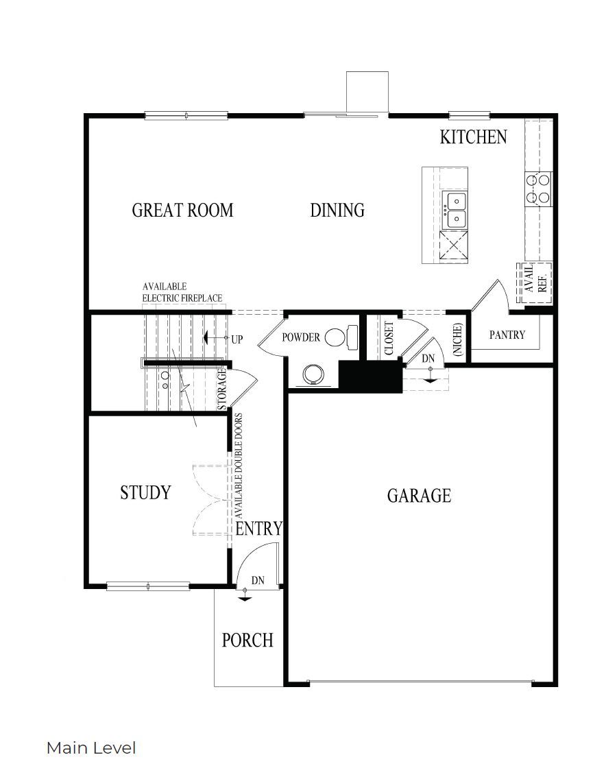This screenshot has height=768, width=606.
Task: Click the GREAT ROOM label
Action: (x=182, y=210)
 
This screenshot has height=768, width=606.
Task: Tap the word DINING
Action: (x=337, y=210)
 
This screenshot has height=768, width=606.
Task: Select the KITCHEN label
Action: (x=473, y=137)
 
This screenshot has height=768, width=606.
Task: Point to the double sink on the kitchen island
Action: (x=454, y=209)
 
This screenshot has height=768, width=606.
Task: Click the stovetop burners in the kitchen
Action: (x=537, y=189)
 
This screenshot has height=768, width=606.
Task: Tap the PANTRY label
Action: (x=507, y=335)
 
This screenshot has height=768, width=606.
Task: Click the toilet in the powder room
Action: (x=341, y=337)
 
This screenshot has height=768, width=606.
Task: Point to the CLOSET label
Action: (x=389, y=338)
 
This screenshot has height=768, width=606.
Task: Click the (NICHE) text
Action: (x=458, y=339)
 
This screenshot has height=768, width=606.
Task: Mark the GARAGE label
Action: (x=419, y=495)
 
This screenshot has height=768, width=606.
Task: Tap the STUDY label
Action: (x=145, y=492)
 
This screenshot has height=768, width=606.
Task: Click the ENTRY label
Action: (x=258, y=529)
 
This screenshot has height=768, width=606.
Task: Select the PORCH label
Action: (x=247, y=640)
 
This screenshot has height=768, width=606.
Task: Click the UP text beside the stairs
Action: (x=237, y=339)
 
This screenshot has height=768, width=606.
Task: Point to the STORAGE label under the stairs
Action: (x=222, y=389)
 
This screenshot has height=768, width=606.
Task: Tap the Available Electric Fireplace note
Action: (x=182, y=292)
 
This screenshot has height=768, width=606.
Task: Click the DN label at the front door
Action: (x=258, y=580)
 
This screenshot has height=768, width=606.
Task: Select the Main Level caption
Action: (x=91, y=747)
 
